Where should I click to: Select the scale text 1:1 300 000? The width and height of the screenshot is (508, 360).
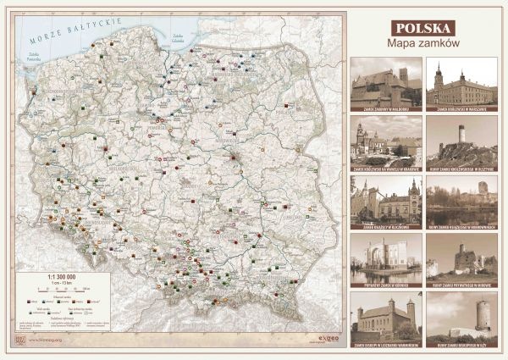pos(57,277)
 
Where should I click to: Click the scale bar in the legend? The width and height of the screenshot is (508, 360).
pos(57,291)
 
